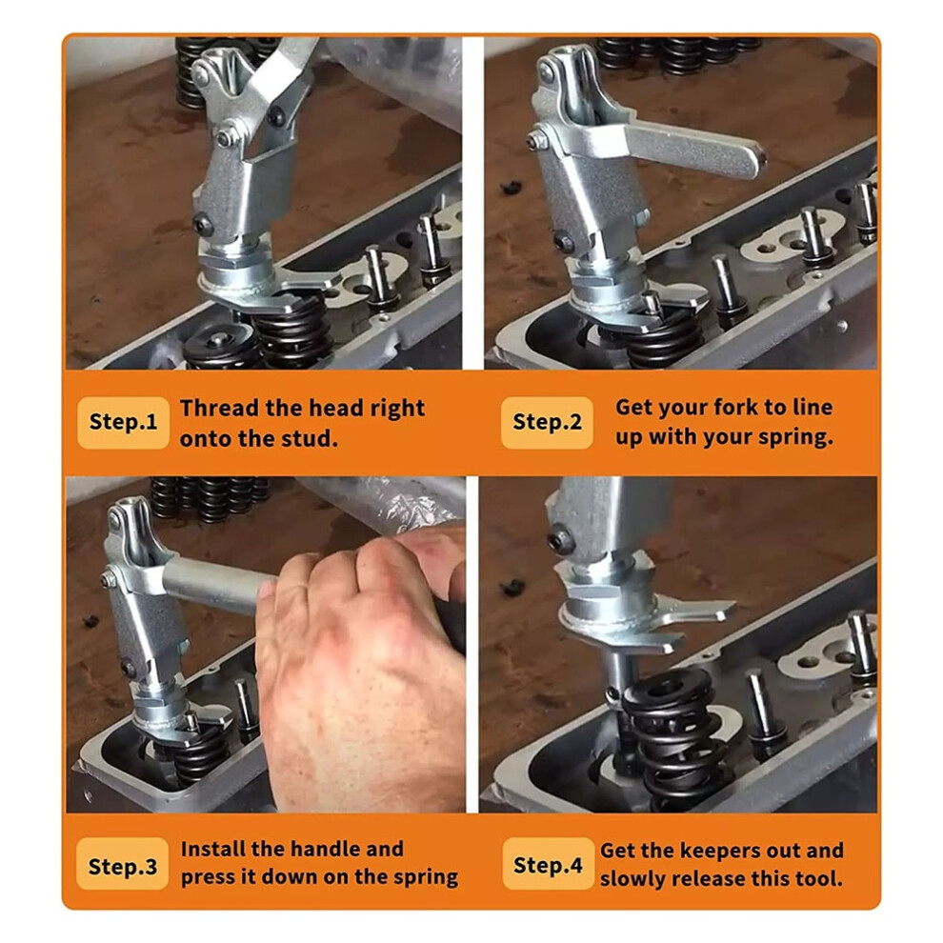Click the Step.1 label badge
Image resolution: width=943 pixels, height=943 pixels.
(123, 422)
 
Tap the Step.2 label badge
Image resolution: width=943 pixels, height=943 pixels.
(547, 422)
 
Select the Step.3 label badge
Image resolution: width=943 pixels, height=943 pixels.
(123, 863)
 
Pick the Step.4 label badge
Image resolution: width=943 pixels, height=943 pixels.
(548, 864)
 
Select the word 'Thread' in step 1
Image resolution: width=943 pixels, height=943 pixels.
(219, 408)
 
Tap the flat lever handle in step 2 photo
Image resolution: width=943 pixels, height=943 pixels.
(692, 148)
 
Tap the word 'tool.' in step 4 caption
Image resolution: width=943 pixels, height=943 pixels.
(819, 878)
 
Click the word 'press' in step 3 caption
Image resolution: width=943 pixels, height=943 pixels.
(208, 877)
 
